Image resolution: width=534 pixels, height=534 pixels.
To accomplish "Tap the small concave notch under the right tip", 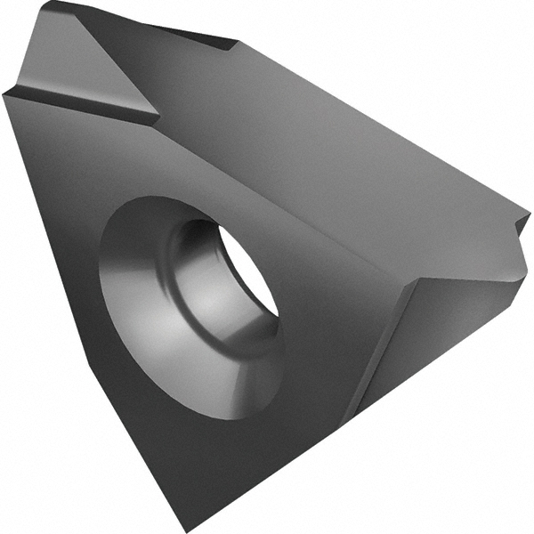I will [516, 245].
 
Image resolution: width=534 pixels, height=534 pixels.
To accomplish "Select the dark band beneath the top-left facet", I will [80, 103].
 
